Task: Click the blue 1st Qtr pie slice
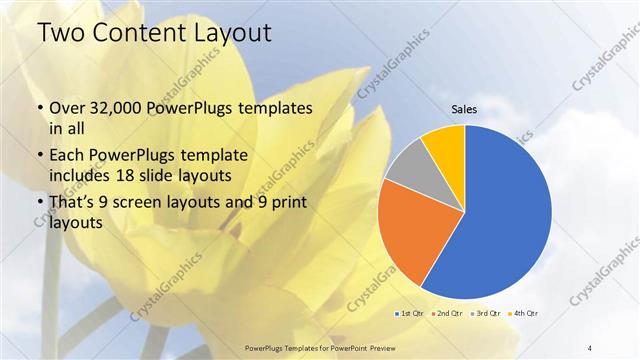(x=510, y=210)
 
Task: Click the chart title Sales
(x=464, y=110)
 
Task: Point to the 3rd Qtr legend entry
(x=488, y=314)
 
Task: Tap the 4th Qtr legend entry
(x=527, y=314)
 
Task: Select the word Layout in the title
(x=229, y=32)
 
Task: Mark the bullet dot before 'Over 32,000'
(x=39, y=109)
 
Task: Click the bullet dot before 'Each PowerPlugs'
(x=39, y=156)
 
